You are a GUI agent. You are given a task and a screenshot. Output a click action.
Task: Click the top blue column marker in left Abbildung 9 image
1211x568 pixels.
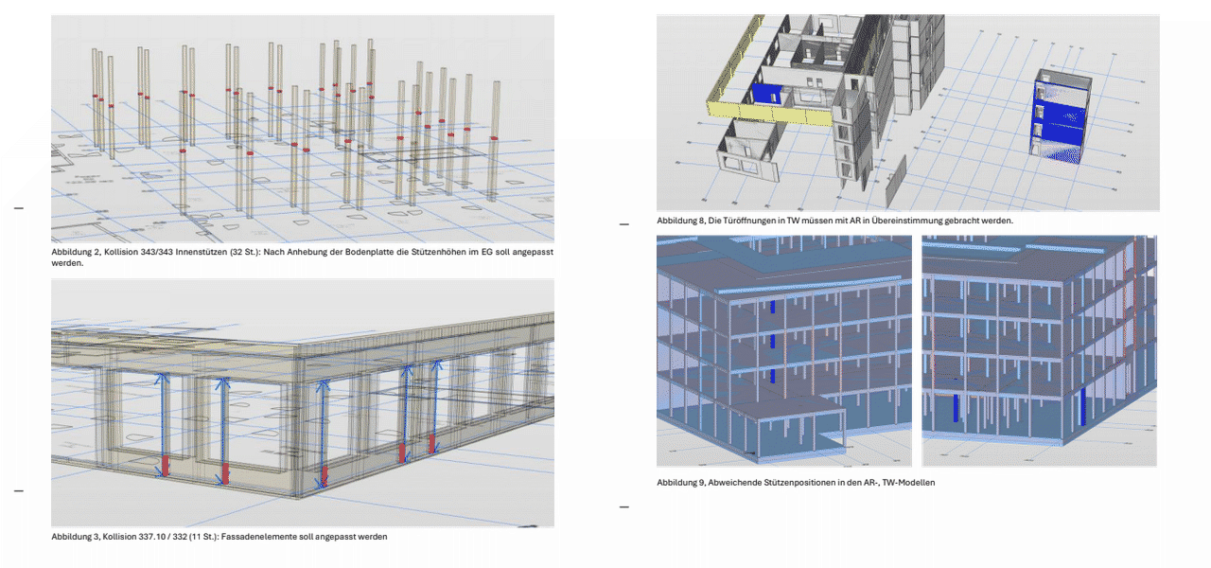[773, 307]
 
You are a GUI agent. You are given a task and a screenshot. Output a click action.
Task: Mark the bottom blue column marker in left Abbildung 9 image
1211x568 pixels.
[773, 376]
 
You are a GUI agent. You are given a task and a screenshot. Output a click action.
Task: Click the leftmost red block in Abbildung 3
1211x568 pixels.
[166, 466]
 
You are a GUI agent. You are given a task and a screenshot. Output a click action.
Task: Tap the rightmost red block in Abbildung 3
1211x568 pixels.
[432, 443]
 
